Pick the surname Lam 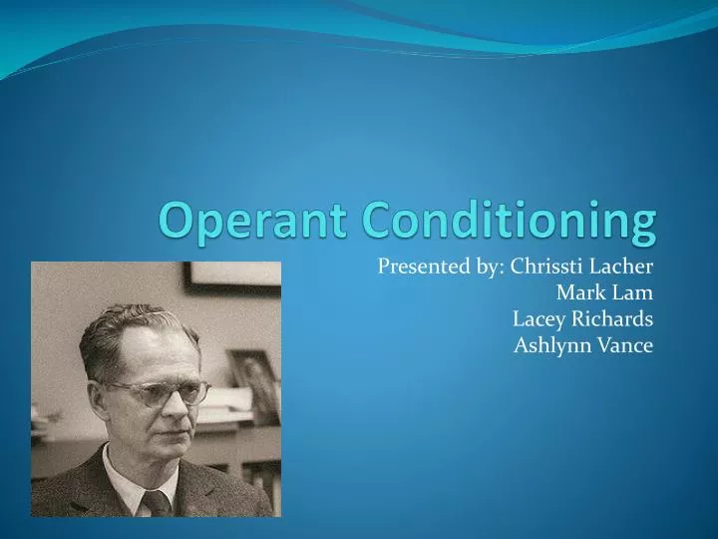pos(633,292)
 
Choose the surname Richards pos(611,319)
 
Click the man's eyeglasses pos(160,391)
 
